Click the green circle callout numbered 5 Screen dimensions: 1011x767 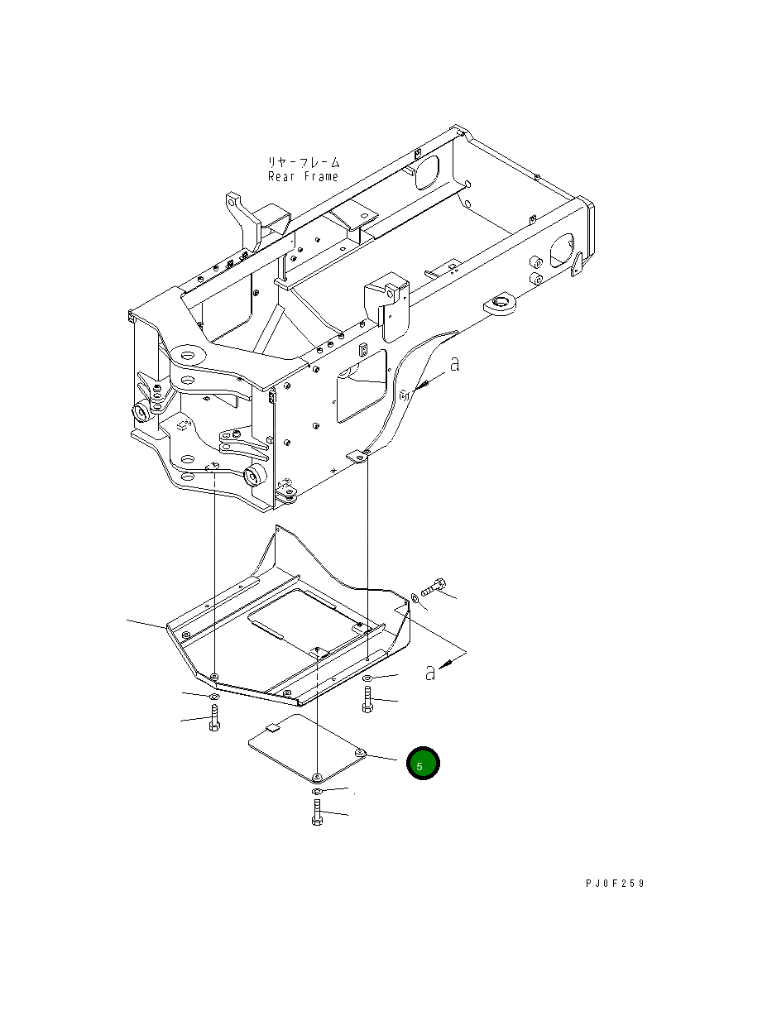coord(422,764)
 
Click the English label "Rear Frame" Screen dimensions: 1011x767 coord(303,177)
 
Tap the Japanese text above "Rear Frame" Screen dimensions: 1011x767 coord(303,163)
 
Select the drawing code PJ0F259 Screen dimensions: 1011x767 coord(613,884)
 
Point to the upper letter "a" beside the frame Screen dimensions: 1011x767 coord(454,364)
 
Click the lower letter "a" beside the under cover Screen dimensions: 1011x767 coord(429,673)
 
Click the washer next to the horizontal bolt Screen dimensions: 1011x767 coord(414,597)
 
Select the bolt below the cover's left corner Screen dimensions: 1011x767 coord(214,717)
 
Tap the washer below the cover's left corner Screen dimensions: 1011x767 coord(214,698)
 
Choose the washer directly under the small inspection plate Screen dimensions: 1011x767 coord(318,792)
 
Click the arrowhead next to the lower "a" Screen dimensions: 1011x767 coord(446,661)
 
